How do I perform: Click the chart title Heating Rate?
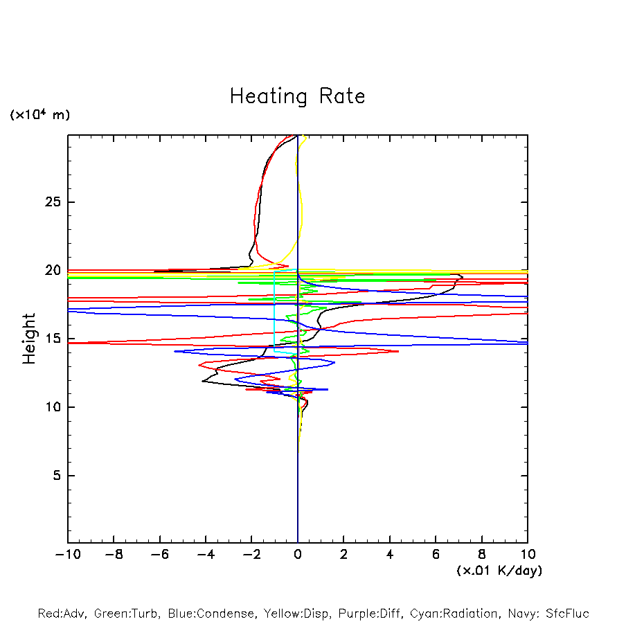click(297, 96)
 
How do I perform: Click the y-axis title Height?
click(29, 339)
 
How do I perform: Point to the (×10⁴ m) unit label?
click(39, 115)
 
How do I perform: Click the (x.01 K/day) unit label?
click(499, 571)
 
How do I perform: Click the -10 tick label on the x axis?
click(66, 555)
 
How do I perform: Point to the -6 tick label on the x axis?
click(159, 555)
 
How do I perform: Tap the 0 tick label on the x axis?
click(298, 555)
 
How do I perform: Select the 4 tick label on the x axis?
click(390, 555)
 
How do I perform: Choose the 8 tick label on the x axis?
click(482, 555)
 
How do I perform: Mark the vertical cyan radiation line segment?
click(275, 312)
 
